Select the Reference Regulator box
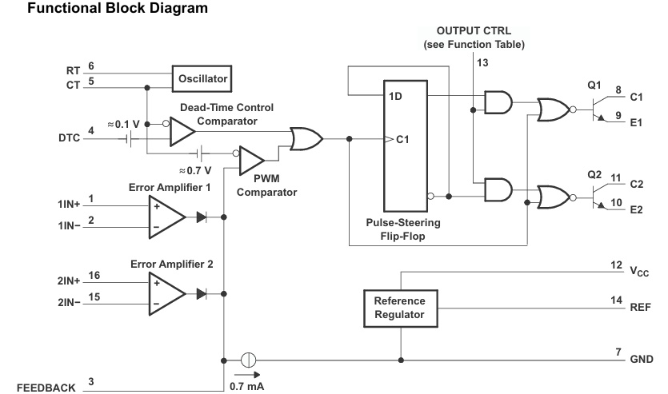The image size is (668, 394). click(401, 307)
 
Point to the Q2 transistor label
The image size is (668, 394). click(594, 173)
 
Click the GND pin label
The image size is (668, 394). click(642, 359)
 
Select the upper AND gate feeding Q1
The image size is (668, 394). click(498, 101)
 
